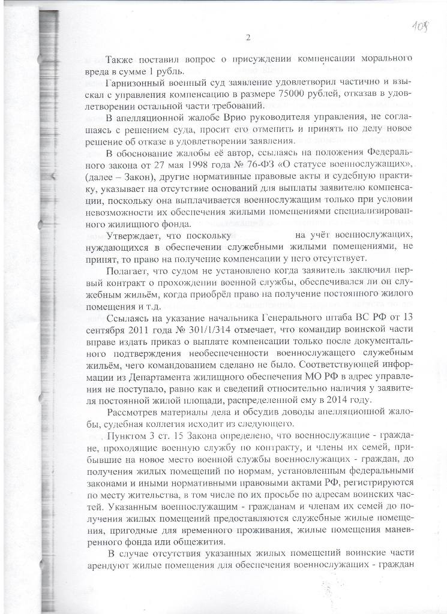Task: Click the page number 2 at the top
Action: coord(247,38)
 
